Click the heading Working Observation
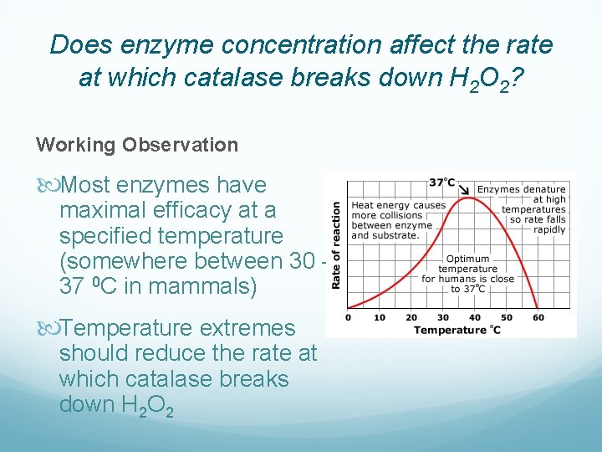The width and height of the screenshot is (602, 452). point(137,145)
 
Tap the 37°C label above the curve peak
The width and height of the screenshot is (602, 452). point(441,182)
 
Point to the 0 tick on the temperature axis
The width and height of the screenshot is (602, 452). point(348,317)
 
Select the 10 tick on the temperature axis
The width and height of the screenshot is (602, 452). point(380,317)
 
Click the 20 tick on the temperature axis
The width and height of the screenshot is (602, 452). point(411,317)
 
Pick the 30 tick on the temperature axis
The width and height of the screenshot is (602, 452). point(443,317)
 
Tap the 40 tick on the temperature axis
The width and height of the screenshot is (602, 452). point(475,317)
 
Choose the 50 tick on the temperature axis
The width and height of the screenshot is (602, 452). point(507,317)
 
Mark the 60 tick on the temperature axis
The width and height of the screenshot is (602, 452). point(538,317)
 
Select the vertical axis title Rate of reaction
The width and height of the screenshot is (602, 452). point(336,245)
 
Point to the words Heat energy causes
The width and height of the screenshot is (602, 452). point(399,205)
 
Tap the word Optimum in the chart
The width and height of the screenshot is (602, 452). point(467,259)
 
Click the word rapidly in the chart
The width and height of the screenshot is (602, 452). point(549,230)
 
